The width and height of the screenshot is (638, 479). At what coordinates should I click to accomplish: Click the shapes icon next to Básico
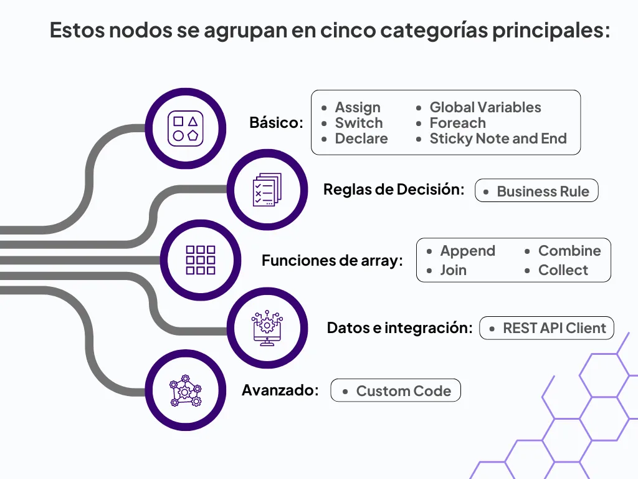[185, 128]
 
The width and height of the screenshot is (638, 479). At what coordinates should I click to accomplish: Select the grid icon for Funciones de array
[201, 260]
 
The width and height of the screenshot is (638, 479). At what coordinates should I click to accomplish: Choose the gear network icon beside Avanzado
[185, 390]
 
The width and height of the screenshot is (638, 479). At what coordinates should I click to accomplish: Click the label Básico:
[276, 122]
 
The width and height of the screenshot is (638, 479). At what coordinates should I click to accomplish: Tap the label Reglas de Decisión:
[394, 190]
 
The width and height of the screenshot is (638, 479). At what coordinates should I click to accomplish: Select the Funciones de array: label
[332, 261]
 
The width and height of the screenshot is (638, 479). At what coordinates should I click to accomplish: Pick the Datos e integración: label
[399, 327]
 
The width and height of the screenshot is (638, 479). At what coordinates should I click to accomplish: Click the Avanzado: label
[280, 390]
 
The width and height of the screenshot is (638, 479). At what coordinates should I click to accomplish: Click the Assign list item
[357, 107]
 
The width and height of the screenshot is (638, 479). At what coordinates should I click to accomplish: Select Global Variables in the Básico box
[485, 107]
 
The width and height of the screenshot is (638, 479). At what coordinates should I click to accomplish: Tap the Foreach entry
[457, 123]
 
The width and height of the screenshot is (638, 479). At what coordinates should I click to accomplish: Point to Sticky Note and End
[498, 138]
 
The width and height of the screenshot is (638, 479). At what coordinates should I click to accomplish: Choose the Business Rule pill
[536, 191]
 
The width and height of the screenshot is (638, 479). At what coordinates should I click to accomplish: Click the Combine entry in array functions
[569, 251]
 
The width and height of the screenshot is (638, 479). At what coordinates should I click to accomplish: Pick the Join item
[453, 270]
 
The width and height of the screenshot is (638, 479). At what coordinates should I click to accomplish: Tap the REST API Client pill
[547, 329]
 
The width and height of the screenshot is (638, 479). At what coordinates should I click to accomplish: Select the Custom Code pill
[396, 391]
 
